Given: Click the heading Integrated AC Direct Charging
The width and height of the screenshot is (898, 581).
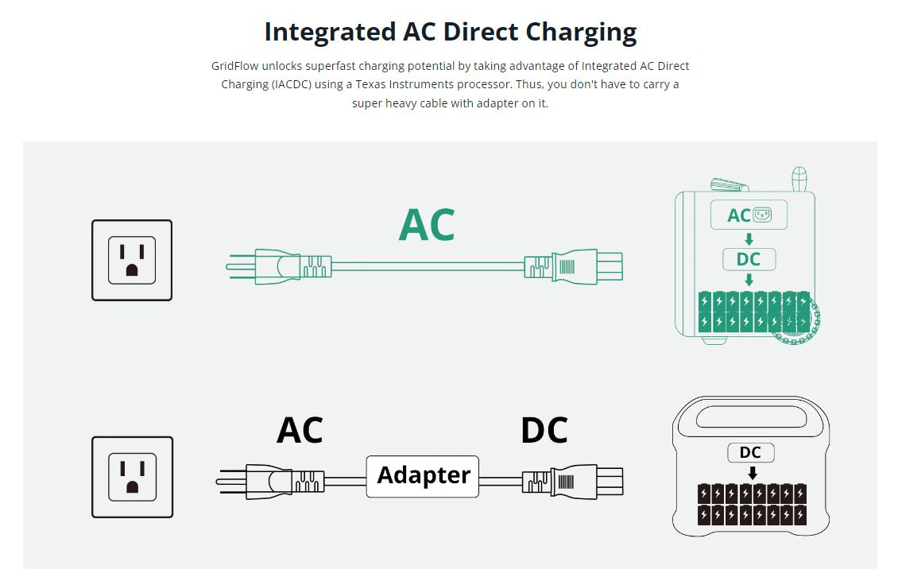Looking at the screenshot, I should [450, 33].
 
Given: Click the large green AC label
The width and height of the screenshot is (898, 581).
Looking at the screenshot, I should [427, 225].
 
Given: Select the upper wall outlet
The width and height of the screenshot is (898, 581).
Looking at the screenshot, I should [132, 260].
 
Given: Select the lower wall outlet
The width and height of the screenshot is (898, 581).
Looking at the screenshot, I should [132, 477].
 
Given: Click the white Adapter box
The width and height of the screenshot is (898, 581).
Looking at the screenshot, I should [423, 476].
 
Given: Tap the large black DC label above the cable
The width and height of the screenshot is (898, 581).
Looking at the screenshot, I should [544, 431].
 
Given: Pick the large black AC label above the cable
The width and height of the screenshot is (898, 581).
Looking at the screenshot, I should [300, 431].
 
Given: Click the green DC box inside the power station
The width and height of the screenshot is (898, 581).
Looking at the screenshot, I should [748, 259].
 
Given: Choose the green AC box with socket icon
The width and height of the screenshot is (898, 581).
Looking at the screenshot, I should [748, 215].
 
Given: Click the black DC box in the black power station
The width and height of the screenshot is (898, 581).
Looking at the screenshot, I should [750, 452].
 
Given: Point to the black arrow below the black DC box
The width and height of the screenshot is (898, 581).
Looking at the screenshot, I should [752, 473].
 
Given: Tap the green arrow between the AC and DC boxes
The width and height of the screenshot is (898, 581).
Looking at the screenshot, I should [748, 238].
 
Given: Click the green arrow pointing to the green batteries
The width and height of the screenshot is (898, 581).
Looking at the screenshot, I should [748, 280].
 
